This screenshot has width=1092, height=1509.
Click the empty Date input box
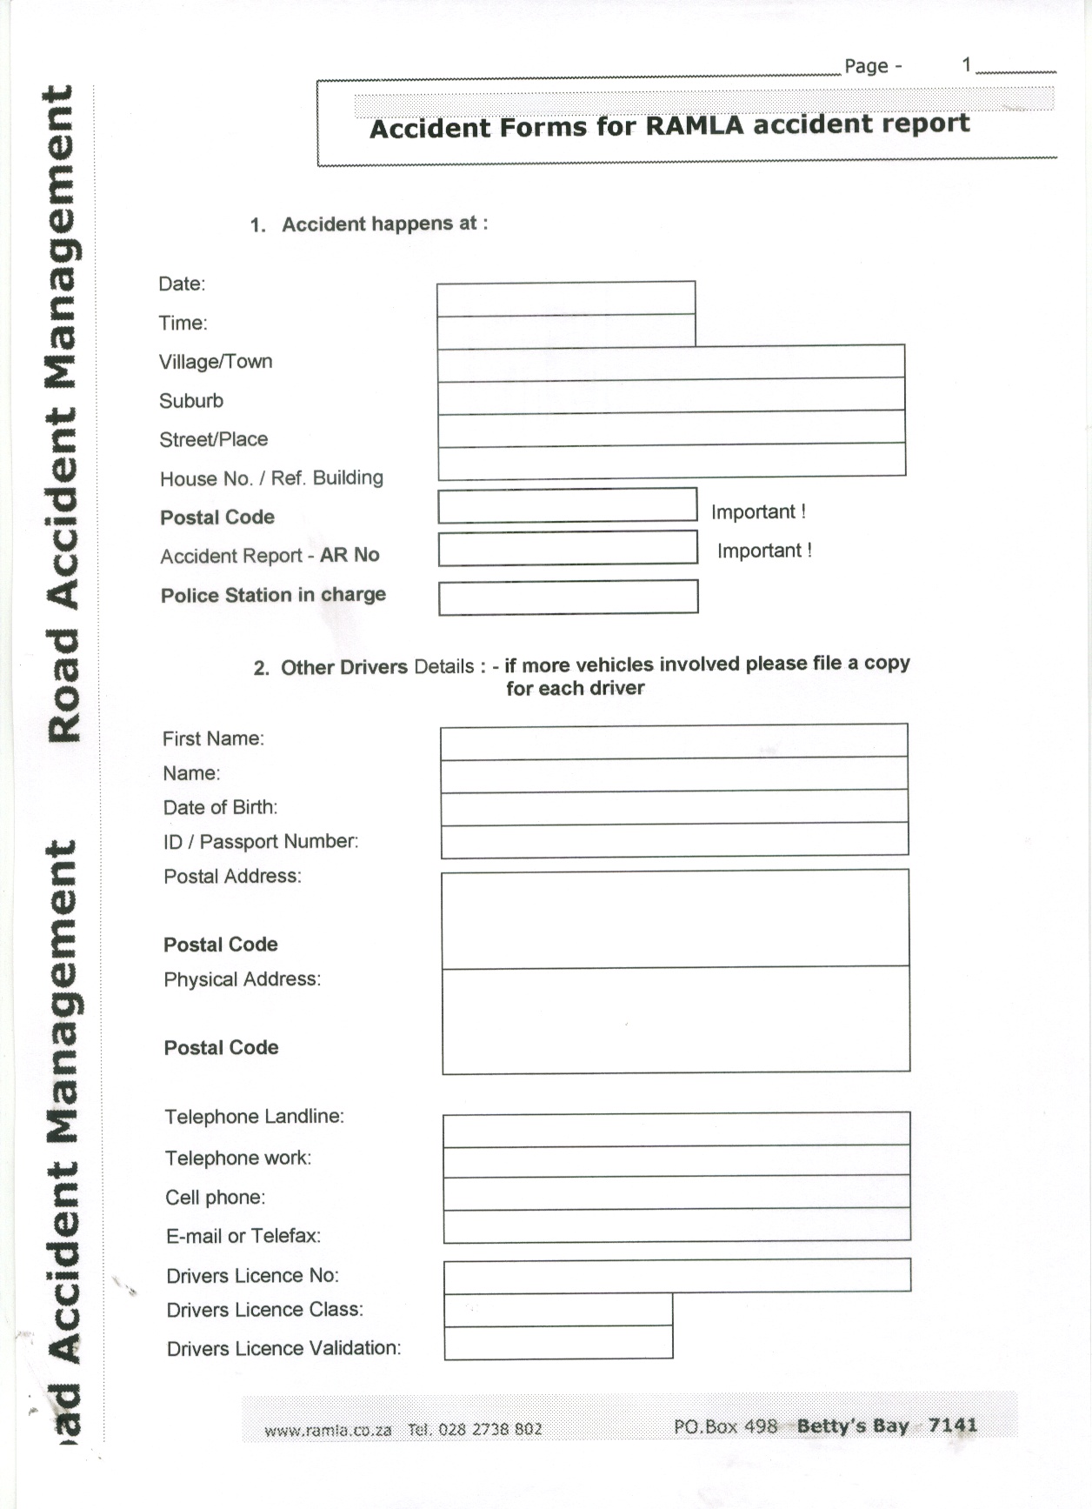pyautogui.click(x=565, y=298)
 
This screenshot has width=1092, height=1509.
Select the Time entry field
pyautogui.click(x=565, y=331)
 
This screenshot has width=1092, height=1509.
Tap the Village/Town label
pyautogui.click(x=216, y=362)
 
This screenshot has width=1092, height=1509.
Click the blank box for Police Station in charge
pyautogui.click(x=568, y=598)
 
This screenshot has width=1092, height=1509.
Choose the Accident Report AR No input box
pyautogui.click(x=568, y=549)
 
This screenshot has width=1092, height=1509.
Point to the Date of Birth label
pyautogui.click(x=221, y=807)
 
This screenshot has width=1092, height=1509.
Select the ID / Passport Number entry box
pyautogui.click(x=675, y=840)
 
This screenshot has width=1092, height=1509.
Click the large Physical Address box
pyautogui.click(x=676, y=1020)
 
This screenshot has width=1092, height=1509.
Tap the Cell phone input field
pyautogui.click(x=676, y=1193)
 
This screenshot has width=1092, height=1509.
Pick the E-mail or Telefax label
pyautogui.click(x=243, y=1236)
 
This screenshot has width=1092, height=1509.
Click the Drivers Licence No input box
pyautogui.click(x=677, y=1276)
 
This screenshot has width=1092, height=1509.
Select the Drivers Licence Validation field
pyautogui.click(x=558, y=1343)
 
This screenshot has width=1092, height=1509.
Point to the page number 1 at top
pyautogui.click(x=966, y=64)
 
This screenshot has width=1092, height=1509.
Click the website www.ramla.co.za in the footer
pyautogui.click(x=328, y=1430)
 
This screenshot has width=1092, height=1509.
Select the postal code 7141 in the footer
pyautogui.click(x=953, y=1425)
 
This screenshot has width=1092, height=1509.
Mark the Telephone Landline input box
pyautogui.click(x=676, y=1129)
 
